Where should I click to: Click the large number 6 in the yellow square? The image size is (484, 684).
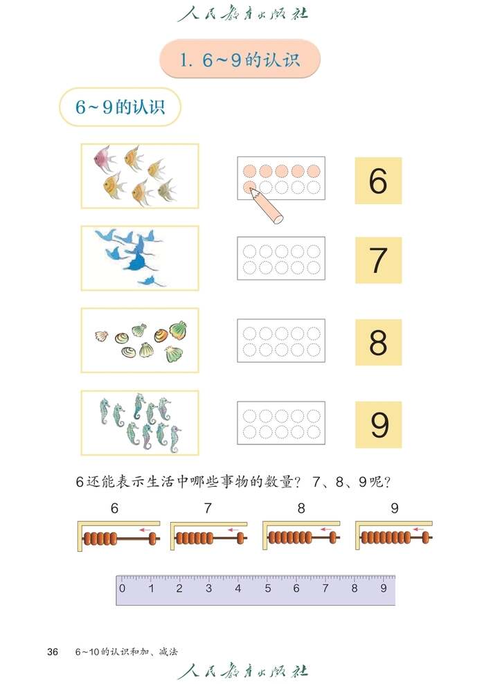378,181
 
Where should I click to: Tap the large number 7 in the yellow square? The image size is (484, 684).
378,260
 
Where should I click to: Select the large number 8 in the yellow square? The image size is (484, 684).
378,342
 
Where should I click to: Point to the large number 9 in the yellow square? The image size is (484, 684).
379,424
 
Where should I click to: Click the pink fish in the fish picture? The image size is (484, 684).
105,159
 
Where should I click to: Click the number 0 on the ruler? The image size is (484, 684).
123,589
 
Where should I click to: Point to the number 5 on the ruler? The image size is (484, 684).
267,589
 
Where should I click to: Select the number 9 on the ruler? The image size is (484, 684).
384,589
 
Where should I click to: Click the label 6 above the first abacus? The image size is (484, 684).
114,508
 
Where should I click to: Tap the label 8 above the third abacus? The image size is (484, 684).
301,508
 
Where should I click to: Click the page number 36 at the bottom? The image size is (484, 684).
53,651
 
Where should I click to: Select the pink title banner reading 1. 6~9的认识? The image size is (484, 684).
240,60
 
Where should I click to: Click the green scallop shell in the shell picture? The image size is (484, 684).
179,328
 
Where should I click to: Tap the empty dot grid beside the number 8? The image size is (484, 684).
281,341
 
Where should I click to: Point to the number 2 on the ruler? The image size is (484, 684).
180,589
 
